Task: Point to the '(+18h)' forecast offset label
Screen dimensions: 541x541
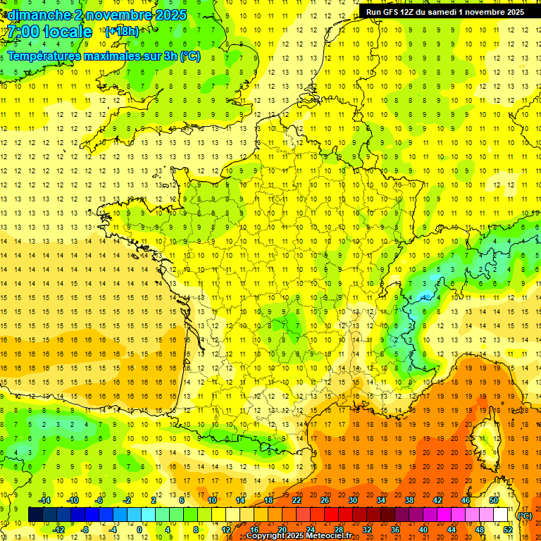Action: (122, 31)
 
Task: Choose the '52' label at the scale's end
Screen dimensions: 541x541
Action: (507, 530)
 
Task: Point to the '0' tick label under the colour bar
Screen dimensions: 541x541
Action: (139, 530)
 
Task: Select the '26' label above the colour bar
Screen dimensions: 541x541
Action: (324, 500)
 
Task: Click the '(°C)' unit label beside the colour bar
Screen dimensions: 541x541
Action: (524, 516)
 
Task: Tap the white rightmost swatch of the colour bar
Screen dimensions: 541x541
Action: (500, 515)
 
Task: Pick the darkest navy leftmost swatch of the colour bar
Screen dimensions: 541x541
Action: (35, 515)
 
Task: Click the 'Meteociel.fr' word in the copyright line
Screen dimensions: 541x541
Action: (328, 536)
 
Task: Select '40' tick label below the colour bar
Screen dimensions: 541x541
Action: (423, 530)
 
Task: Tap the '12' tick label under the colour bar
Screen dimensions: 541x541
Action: (226, 530)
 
